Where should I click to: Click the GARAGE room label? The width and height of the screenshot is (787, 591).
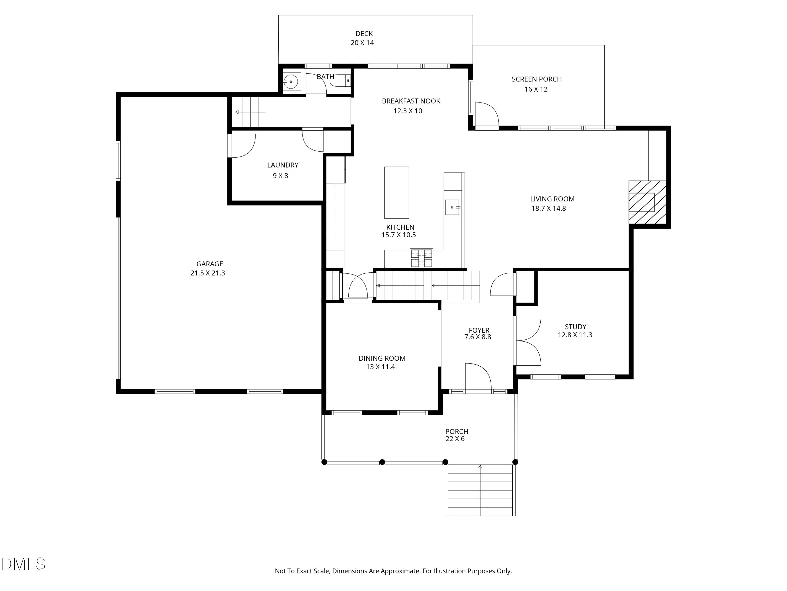tap(210, 264)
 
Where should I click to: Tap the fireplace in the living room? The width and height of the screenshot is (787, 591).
tap(647, 202)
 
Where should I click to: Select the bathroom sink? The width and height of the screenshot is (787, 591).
tap(292, 82)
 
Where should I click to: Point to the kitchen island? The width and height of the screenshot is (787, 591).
tap(396, 192)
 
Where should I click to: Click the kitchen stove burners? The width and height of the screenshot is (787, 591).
tap(422, 258)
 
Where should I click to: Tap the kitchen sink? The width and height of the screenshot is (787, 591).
tap(453, 207)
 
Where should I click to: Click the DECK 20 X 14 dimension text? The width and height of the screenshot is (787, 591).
tap(362, 43)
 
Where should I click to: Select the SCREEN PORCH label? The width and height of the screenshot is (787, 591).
tap(536, 79)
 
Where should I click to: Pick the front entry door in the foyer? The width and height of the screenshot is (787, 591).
tap(478, 378)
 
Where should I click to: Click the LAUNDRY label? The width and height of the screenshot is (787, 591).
tap(283, 165)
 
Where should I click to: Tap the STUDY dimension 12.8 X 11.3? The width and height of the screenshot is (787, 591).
tap(575, 335)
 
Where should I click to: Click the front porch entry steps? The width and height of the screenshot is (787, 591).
tap(480, 490)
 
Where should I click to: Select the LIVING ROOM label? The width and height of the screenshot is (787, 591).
tap(552, 199)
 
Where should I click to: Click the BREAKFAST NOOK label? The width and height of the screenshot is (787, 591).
tap(411, 101)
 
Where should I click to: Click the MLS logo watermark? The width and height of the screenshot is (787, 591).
tap(24, 564)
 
